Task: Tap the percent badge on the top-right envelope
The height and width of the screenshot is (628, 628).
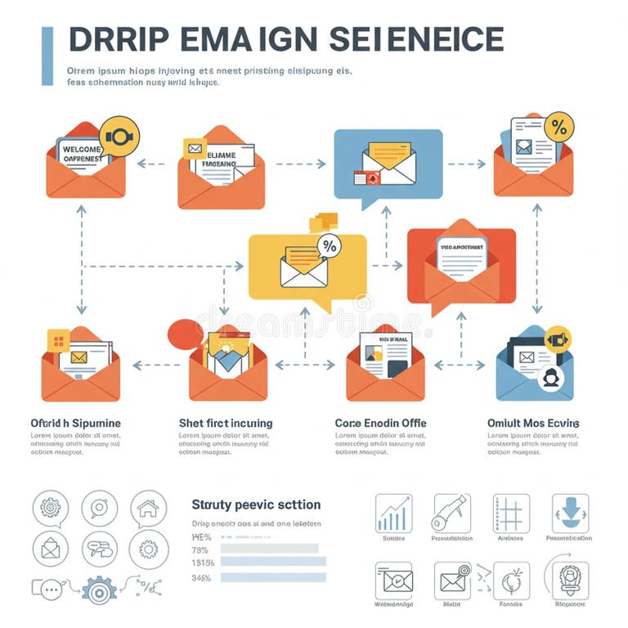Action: point(559,127)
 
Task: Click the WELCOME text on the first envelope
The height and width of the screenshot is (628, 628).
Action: point(81,150)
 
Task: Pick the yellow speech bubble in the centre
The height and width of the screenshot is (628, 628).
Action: point(307,267)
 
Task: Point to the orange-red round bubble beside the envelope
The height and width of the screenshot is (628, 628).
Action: point(185,334)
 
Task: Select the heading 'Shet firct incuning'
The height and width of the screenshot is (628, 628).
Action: point(225,423)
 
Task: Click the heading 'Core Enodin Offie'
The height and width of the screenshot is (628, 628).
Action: point(380,423)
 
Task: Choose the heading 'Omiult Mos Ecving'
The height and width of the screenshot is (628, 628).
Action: point(532,423)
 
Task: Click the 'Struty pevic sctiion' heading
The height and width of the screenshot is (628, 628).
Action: point(255,505)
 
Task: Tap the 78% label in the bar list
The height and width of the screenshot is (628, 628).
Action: point(201,549)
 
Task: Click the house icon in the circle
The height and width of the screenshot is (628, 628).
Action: point(148,509)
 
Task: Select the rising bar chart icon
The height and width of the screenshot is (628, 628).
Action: point(394,514)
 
